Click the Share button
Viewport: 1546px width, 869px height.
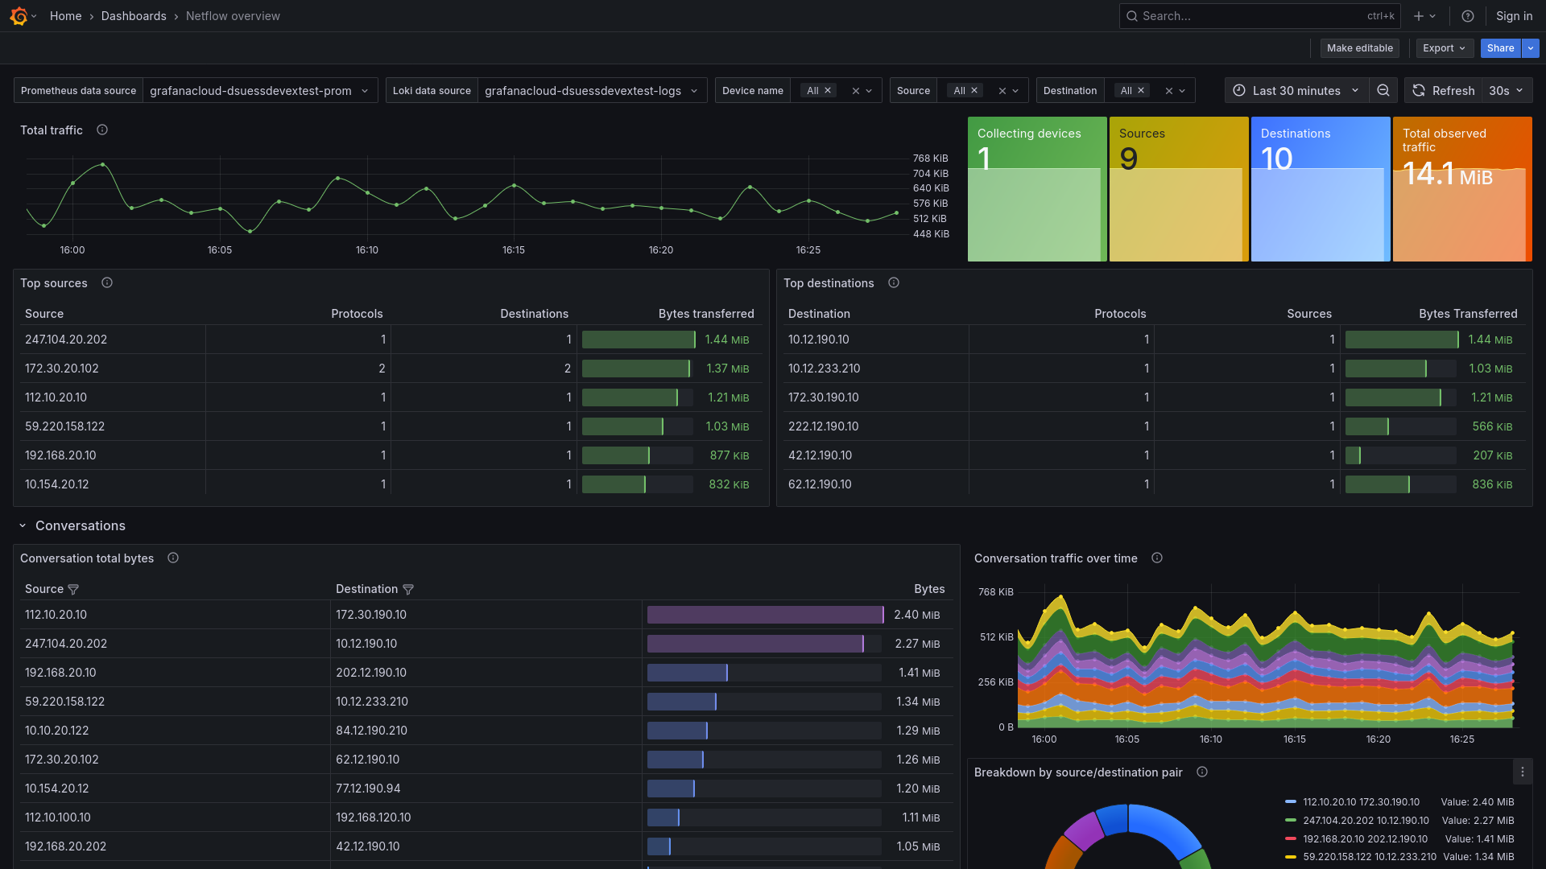pos(1500,48)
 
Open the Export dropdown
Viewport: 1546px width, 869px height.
pos(1445,48)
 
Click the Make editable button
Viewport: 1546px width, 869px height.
pos(1359,48)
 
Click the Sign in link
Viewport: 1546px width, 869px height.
pos(1514,16)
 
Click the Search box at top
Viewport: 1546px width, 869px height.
pos(1248,16)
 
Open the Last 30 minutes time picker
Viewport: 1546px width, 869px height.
pos(1296,91)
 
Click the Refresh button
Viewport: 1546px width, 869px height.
pos(1445,91)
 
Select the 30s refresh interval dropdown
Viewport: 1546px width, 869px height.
pos(1506,91)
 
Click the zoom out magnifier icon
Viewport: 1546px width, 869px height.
pos(1383,91)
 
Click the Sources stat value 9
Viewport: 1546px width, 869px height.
pos(1129,159)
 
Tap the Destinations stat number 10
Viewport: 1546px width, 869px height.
pos(1277,159)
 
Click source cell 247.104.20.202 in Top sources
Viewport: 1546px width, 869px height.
pos(66,340)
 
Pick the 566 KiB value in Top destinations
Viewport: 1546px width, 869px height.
pos(1492,426)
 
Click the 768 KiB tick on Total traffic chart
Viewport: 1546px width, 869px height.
pos(930,159)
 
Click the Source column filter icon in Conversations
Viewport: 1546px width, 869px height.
pos(73,590)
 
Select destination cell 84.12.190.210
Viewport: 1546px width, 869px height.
pos(371,731)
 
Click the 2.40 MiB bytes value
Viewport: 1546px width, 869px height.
pos(916,615)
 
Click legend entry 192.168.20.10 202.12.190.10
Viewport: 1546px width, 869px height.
pos(1365,838)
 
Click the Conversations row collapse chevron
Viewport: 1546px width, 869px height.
pos(23,526)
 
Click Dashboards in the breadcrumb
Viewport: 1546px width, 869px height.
pos(134,16)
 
